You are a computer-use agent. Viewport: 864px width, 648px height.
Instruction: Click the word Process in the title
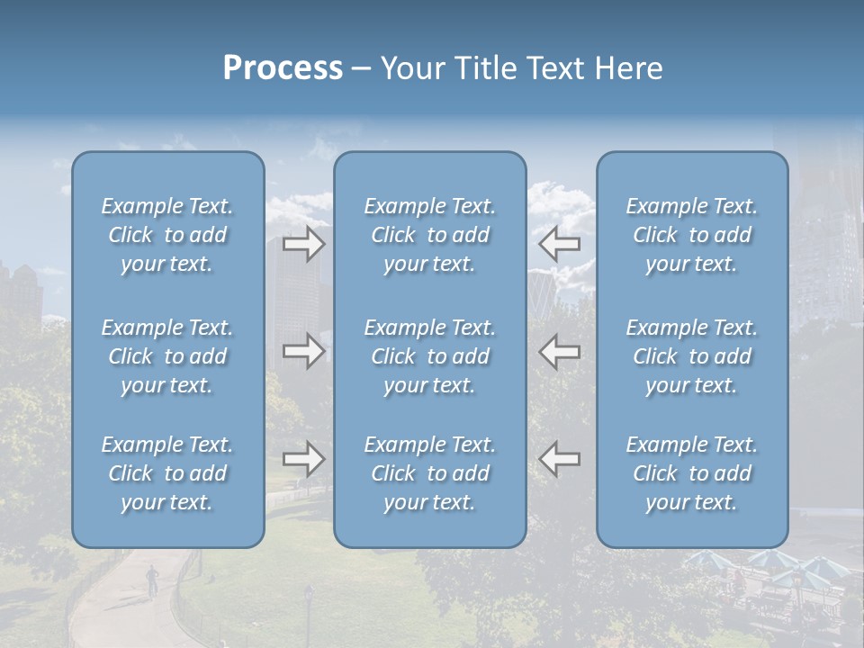tap(283, 68)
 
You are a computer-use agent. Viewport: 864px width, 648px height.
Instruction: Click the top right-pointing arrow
tap(304, 244)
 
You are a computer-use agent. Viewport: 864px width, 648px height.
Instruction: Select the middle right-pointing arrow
tap(304, 351)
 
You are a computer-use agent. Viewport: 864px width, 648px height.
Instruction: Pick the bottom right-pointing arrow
tap(304, 459)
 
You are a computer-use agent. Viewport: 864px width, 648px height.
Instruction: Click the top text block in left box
tap(167, 235)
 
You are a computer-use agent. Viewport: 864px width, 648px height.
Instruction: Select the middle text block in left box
tap(167, 356)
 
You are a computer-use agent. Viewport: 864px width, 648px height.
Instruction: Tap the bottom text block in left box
tap(167, 473)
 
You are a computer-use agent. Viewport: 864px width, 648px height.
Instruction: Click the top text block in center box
tap(430, 235)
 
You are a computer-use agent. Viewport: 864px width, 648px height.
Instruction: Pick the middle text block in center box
tap(430, 356)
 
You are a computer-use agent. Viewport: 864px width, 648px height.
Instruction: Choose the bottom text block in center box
tap(430, 473)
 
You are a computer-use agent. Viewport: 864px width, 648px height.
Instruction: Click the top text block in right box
tap(692, 235)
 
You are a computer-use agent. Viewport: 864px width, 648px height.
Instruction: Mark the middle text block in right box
tap(692, 356)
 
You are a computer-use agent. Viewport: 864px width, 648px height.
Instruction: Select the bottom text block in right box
tap(692, 473)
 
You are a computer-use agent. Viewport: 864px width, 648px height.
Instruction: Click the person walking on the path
tap(152, 579)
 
